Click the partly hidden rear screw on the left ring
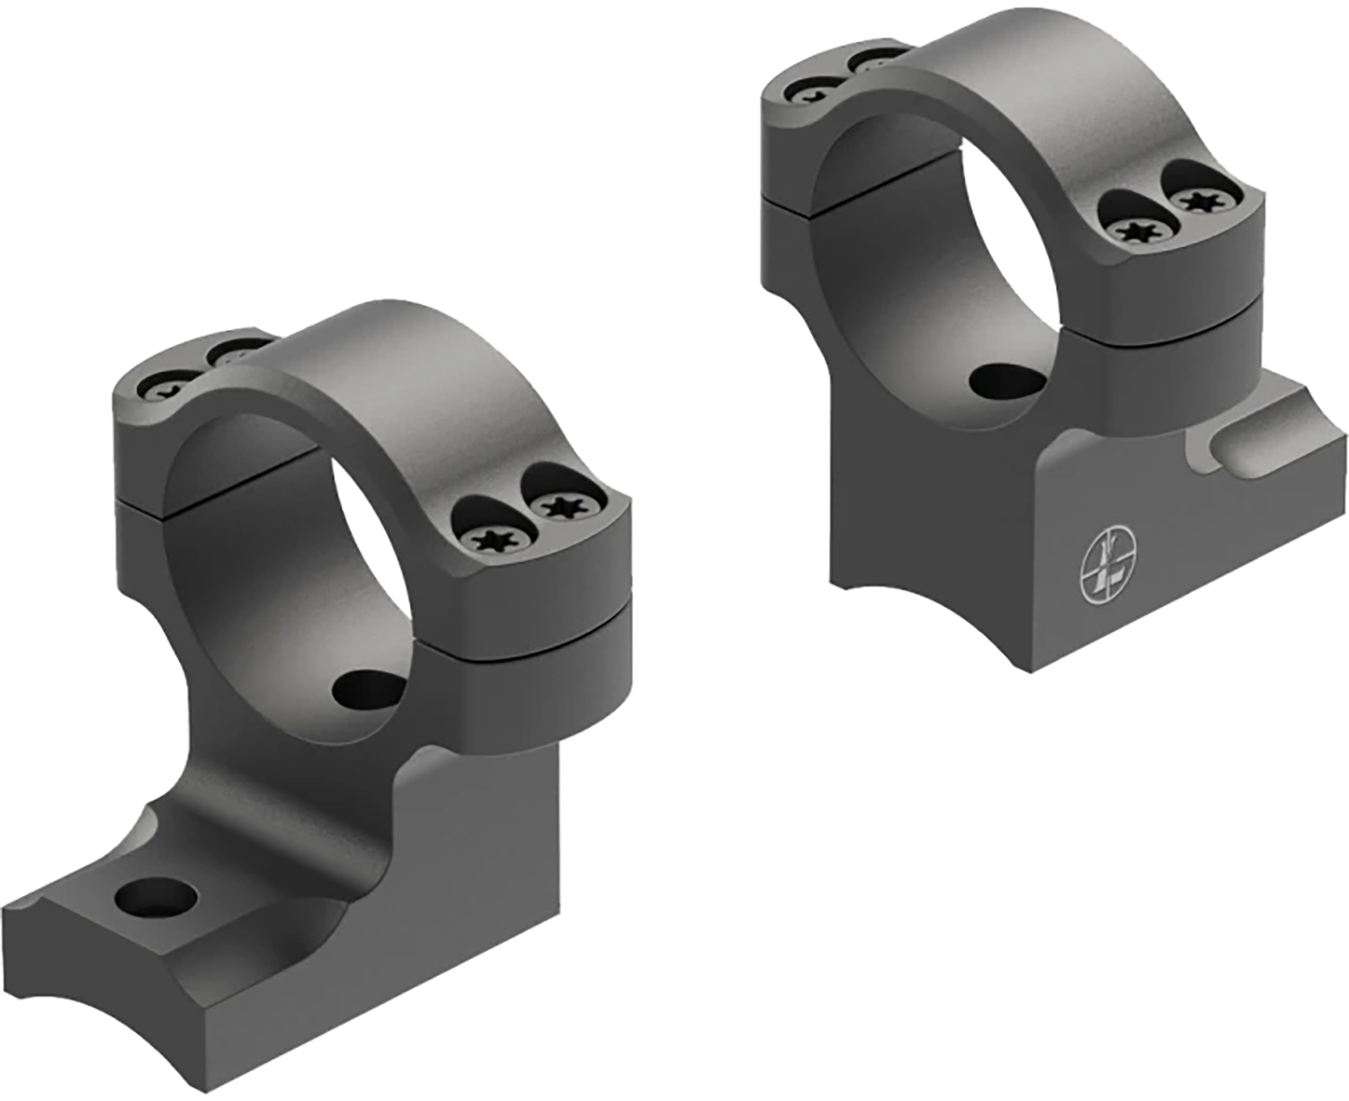tap(236, 352)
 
